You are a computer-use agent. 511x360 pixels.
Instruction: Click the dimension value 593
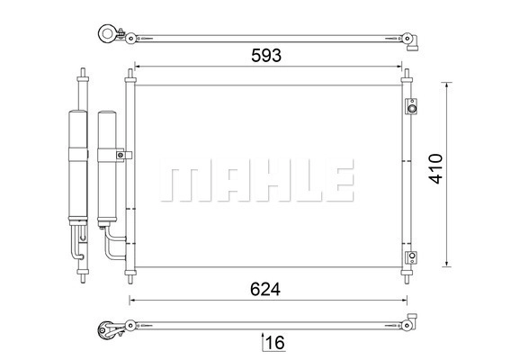(266, 56)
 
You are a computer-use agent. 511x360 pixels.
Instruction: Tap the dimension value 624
(265, 289)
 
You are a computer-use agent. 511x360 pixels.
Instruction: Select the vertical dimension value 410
(435, 168)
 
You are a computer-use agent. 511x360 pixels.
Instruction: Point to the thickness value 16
(275, 343)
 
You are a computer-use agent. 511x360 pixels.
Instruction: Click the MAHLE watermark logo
(257, 180)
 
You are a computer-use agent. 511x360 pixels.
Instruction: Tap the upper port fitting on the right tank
(412, 106)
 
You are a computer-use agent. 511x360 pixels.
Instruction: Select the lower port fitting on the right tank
(412, 257)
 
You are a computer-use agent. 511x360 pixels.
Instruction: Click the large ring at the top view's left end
(106, 33)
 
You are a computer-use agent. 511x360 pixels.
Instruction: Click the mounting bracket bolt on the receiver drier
(121, 155)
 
